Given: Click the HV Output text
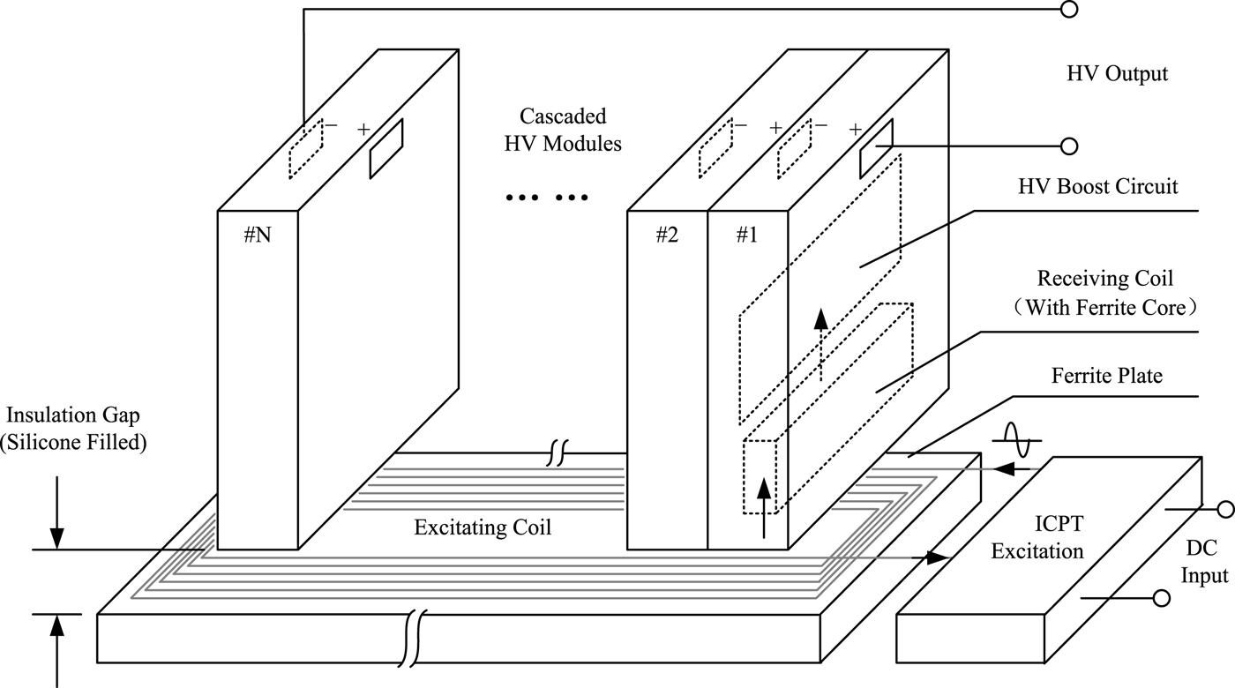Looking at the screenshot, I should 1117,74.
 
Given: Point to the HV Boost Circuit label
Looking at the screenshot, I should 1097,187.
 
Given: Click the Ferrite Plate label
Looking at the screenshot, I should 1107,377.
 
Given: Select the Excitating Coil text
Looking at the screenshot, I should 483,528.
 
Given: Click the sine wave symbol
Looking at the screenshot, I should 1021,437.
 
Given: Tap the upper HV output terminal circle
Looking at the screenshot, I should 1070,10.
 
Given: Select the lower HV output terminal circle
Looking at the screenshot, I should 1070,146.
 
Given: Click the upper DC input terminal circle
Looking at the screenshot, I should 1225,509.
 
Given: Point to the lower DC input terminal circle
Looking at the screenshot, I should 1163,599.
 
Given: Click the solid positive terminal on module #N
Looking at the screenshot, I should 385,147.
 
